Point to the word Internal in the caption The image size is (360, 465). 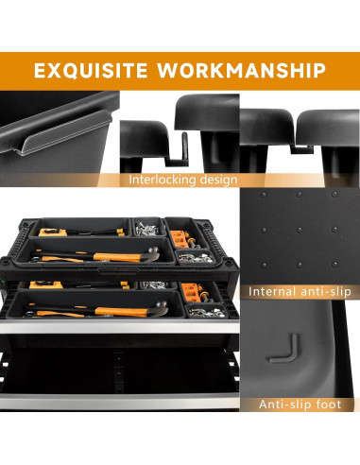coord(275,292)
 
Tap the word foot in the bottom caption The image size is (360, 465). coord(329,405)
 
